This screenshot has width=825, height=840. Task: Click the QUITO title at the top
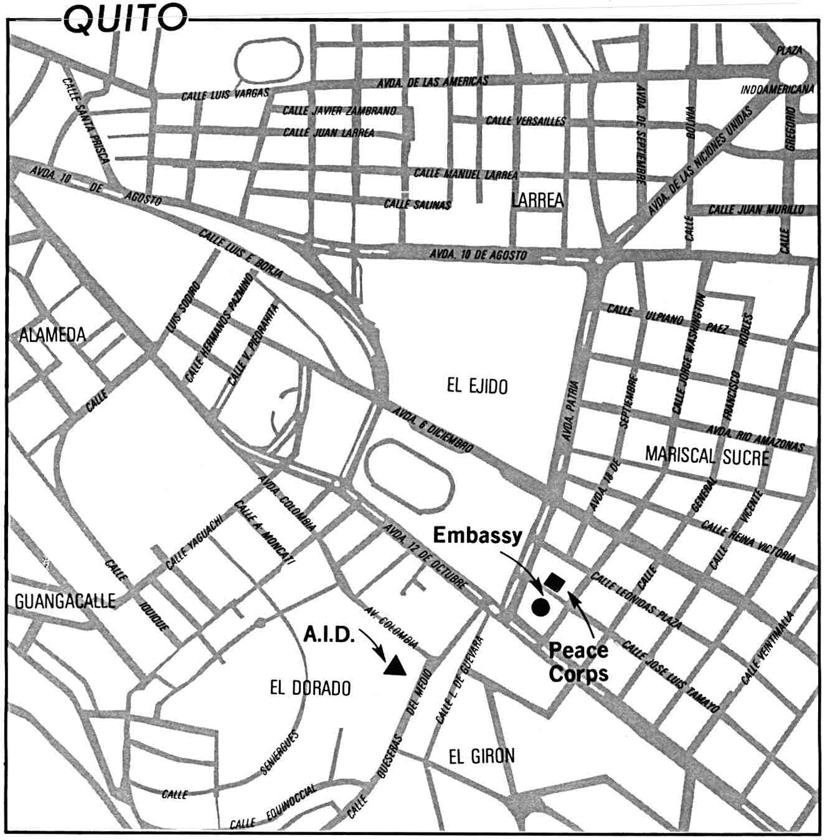[125, 18]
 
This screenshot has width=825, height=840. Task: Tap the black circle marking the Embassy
[540, 606]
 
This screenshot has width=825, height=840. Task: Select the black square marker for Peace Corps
[554, 583]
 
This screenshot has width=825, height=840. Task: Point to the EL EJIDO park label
[477, 387]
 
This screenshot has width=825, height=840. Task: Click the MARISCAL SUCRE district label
[707, 456]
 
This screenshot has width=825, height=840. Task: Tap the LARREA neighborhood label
[537, 201]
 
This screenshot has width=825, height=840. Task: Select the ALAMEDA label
[52, 335]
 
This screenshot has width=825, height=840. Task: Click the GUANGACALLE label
[65, 601]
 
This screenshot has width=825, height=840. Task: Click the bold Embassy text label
[478, 536]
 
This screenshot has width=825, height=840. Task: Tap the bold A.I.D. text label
[329, 635]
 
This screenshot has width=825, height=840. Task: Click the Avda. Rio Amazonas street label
[755, 438]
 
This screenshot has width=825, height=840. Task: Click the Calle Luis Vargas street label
[225, 95]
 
